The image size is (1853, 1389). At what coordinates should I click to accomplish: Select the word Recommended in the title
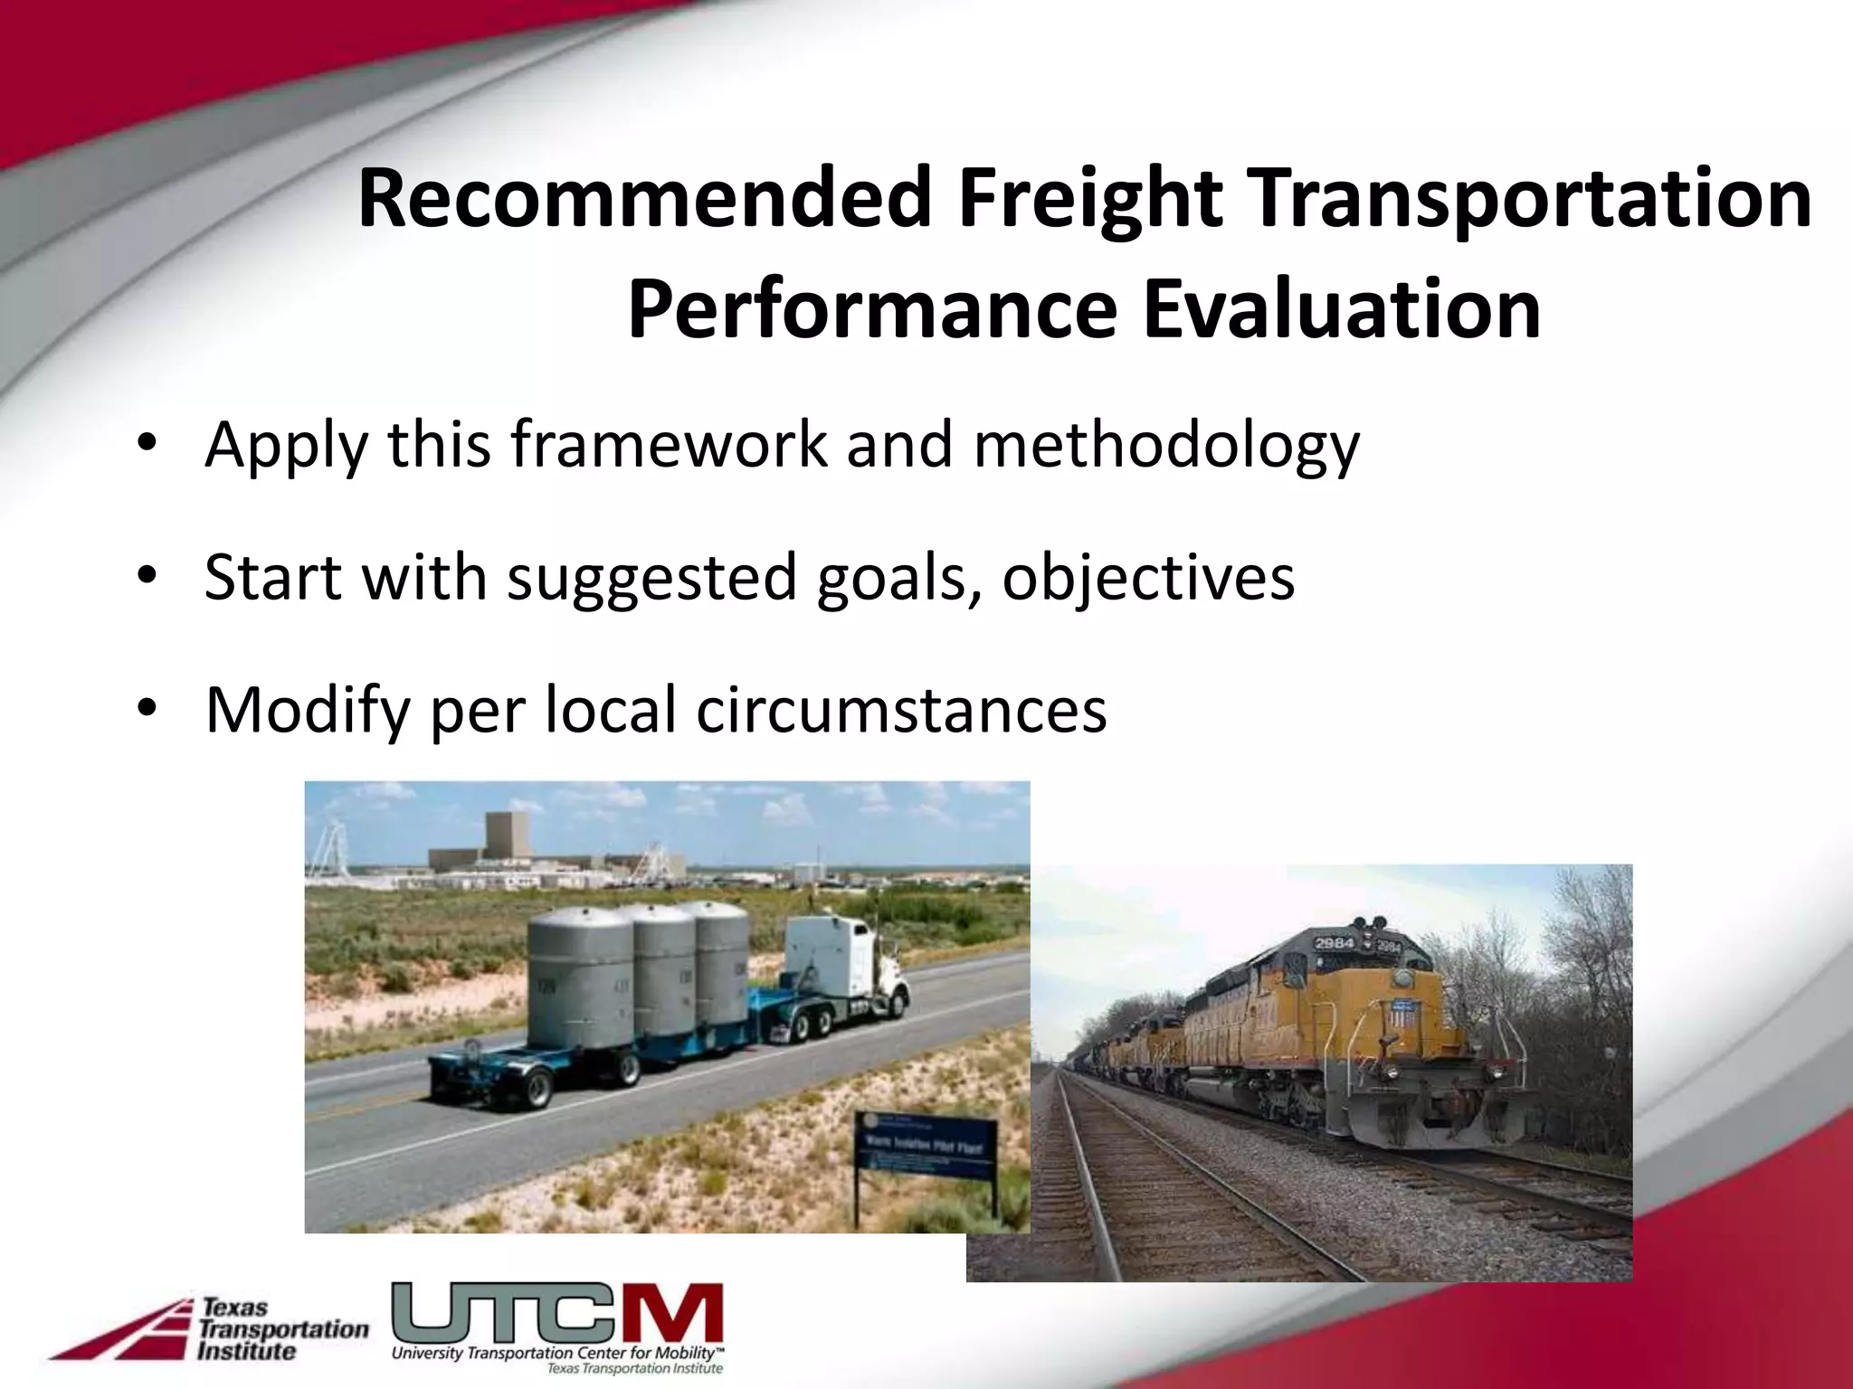[644, 201]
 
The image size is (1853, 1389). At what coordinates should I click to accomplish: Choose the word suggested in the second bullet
[651, 578]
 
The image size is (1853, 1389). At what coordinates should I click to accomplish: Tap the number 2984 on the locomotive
[1334, 944]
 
